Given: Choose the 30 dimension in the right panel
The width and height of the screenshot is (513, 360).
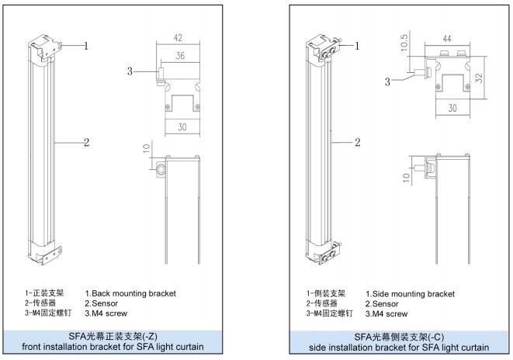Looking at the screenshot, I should [x=452, y=109].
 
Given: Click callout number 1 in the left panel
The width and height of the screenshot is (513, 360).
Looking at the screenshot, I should [x=85, y=46].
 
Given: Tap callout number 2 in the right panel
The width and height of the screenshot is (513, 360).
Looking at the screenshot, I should [x=357, y=142].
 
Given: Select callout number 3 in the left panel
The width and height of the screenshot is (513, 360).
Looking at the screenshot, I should [x=130, y=72].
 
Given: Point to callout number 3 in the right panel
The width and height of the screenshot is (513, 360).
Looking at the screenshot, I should [x=386, y=81].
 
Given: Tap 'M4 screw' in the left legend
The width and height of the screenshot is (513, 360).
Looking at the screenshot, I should [x=106, y=313].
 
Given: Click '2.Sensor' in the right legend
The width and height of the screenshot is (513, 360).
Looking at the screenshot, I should [x=382, y=304].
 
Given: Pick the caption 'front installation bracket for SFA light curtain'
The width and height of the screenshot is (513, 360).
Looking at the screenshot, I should [x=113, y=347].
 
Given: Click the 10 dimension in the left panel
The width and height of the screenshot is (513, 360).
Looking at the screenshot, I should [x=147, y=149].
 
